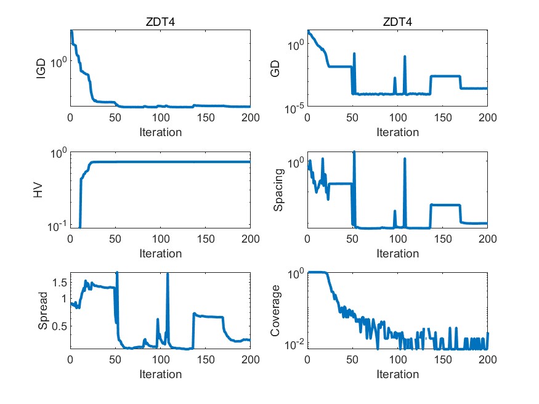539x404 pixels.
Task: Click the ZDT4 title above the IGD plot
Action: coord(160,22)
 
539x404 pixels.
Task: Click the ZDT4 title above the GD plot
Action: coord(397,22)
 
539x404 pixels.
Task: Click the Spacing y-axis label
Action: coord(279,190)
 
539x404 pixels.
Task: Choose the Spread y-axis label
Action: coord(42,312)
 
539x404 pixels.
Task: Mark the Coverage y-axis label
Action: coord(277,312)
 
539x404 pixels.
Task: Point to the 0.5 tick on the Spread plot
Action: coord(59,326)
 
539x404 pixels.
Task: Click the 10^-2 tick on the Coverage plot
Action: coord(293,343)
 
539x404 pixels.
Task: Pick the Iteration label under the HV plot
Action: coord(160,254)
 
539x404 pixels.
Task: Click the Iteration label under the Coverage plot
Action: coord(397,374)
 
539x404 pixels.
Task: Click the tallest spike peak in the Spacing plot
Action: coord(354,151)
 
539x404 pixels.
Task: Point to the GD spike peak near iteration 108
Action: coord(405,57)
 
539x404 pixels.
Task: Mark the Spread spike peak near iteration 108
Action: coord(168,275)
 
